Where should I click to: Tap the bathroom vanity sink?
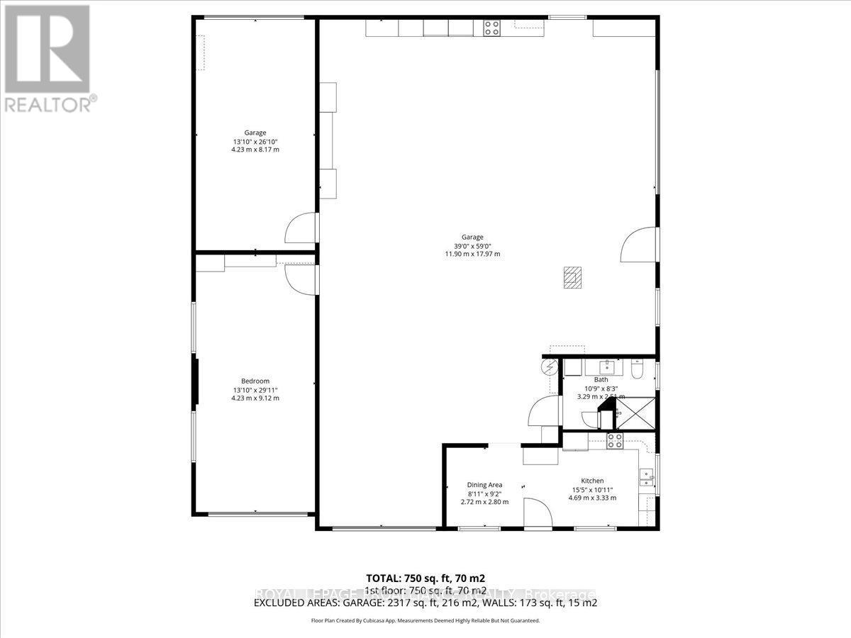608,367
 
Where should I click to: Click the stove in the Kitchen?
614,441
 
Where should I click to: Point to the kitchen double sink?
646,478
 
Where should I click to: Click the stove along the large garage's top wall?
492,28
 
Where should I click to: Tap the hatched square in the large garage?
572,277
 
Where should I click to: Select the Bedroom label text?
255,381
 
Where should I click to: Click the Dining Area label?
484,485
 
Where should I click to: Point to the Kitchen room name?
592,481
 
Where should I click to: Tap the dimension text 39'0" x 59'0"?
472,246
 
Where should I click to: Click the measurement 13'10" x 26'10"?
255,141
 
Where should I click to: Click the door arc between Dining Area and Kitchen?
537,511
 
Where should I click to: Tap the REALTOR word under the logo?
48,105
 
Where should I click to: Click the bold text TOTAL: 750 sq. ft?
425,577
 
